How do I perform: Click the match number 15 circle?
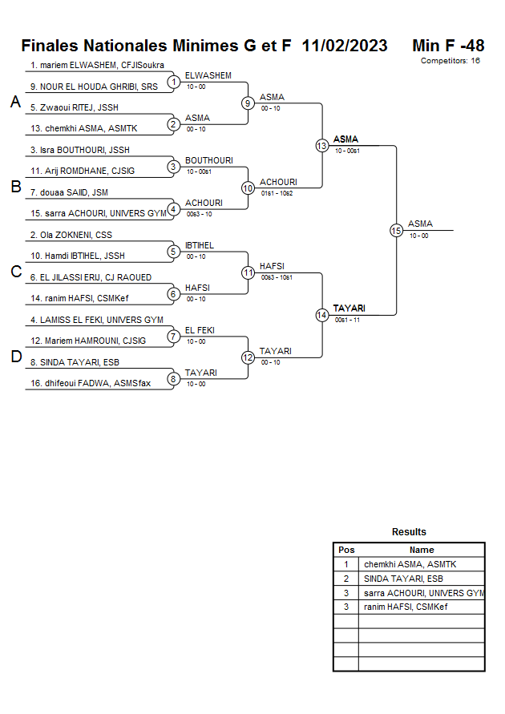[x=396, y=230]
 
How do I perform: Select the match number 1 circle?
[x=173, y=81]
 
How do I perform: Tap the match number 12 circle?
[x=248, y=357]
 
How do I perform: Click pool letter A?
[x=15, y=103]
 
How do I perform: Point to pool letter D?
[x=15, y=357]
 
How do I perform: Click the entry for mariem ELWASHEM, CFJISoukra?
[x=97, y=65]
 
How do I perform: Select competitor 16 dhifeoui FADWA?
[x=91, y=383]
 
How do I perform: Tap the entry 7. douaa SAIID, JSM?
[x=69, y=192]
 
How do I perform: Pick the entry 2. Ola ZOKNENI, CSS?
[x=71, y=235]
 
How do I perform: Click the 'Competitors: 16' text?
[x=450, y=60]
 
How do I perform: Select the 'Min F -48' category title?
[x=448, y=46]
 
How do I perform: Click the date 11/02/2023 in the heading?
[x=345, y=46]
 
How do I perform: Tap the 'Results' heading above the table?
[x=409, y=531]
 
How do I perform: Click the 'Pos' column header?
[x=346, y=550]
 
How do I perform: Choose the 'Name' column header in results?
[x=422, y=550]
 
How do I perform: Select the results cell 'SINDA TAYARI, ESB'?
[x=403, y=579]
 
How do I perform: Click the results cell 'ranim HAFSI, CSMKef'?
[x=406, y=607]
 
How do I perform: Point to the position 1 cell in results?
[x=346, y=564]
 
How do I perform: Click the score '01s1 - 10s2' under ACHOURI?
[x=277, y=193]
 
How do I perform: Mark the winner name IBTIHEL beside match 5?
[x=200, y=245]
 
